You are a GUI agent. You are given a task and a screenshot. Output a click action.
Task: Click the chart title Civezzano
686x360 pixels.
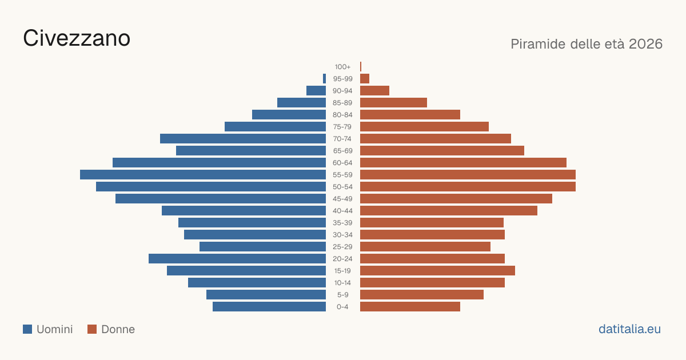tap(77, 38)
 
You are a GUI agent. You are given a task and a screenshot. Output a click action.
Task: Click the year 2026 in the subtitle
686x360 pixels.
tap(645, 44)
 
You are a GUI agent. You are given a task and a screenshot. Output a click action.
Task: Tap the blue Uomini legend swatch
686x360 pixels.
tap(27, 329)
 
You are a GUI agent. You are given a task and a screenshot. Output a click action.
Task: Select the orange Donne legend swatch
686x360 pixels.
tap(92, 329)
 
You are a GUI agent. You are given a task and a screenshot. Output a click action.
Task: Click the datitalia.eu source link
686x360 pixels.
tap(629, 329)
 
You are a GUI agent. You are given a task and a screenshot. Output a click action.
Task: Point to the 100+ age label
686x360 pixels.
tap(342, 67)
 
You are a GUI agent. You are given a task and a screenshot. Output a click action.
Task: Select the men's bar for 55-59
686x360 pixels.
tap(203, 174)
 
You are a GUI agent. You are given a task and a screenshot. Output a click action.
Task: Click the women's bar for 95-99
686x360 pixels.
tap(365, 79)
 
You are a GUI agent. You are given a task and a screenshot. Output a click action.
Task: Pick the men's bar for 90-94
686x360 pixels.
tap(316, 91)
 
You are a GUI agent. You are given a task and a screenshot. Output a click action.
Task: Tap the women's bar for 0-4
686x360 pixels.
tap(410, 307)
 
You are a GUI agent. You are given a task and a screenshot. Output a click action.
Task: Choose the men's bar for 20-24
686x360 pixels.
tap(237, 259)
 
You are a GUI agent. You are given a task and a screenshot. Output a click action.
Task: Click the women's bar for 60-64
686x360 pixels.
tap(464, 162)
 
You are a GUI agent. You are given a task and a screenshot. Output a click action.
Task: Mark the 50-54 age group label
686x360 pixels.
tap(342, 187)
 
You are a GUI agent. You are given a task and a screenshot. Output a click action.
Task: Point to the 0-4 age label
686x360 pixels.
tap(342, 307)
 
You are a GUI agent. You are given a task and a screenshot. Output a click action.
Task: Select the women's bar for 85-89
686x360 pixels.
tap(393, 102)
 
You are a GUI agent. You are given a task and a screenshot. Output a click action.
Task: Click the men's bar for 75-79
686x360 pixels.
tap(276, 127)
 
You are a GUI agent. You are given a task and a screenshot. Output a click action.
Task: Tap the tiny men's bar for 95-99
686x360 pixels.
tap(324, 79)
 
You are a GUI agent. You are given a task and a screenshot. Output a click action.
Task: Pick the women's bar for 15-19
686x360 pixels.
tap(438, 271)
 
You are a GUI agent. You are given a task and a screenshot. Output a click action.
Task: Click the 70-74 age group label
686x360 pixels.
tap(342, 139)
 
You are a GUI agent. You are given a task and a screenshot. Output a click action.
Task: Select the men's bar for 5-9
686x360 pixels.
tap(266, 295)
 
